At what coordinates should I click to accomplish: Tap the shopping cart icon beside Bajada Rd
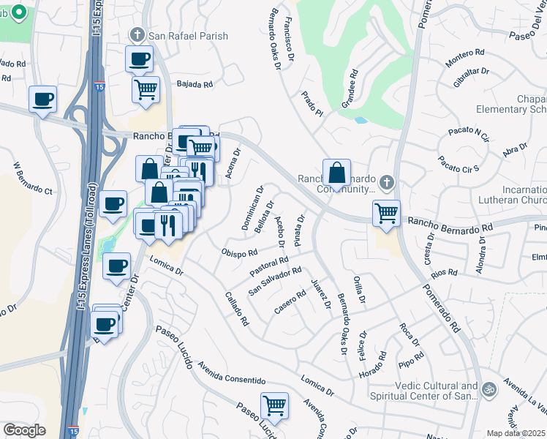[x=146, y=90]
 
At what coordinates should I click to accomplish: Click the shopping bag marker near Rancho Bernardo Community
[x=336, y=173]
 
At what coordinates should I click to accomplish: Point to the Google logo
[x=24, y=430]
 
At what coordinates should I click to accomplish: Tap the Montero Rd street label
[x=465, y=53]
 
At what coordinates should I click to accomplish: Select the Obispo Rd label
[x=239, y=252]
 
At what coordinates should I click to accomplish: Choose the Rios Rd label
[x=444, y=273]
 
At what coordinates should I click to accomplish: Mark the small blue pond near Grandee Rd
[x=360, y=120]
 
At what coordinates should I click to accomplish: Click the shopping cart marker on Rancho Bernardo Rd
[x=386, y=214]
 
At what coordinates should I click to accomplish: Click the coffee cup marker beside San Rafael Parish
[x=139, y=59]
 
